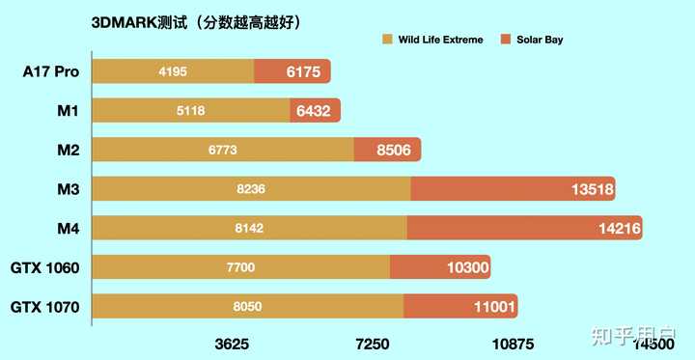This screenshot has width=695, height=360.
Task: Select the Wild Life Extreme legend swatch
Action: pos(387,40)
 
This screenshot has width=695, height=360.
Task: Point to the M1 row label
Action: pos(67,111)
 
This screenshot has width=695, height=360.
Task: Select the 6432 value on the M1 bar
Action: pos(314,111)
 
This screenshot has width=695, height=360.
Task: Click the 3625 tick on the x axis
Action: pos(232,344)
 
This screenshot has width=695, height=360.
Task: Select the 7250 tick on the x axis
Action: pos(373,344)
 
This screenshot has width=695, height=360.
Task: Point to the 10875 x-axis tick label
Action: pos(513,344)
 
